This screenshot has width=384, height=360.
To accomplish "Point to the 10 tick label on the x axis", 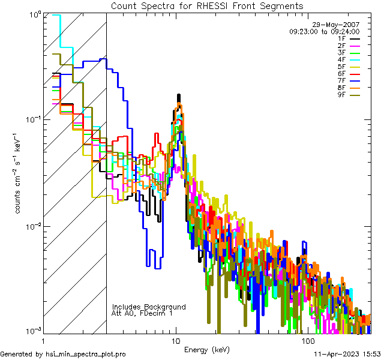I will tap(175, 340).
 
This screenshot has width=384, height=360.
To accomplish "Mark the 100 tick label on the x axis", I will tap(307, 340).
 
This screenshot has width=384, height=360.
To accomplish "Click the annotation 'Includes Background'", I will tap(149, 307).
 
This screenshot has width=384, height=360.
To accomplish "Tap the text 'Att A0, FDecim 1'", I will tap(142, 313).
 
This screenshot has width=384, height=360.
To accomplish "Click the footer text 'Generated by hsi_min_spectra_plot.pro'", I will tap(63, 354).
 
